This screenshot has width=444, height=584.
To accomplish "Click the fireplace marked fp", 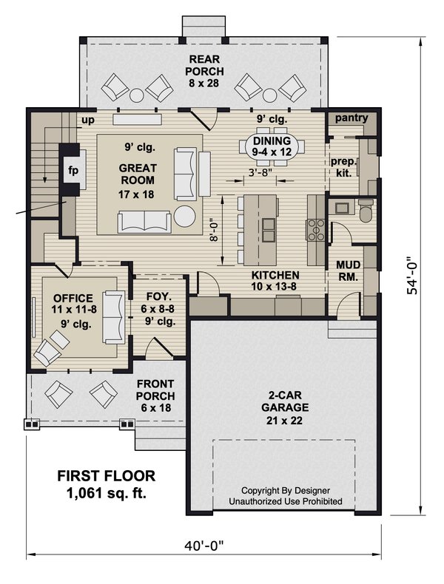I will (x=73, y=170).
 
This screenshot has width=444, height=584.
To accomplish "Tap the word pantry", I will (x=351, y=118).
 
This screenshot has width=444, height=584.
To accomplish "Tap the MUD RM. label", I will (x=348, y=271).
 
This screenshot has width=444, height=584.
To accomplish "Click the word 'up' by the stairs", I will (x=88, y=120).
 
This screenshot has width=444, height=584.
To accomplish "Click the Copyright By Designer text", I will (x=286, y=490).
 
